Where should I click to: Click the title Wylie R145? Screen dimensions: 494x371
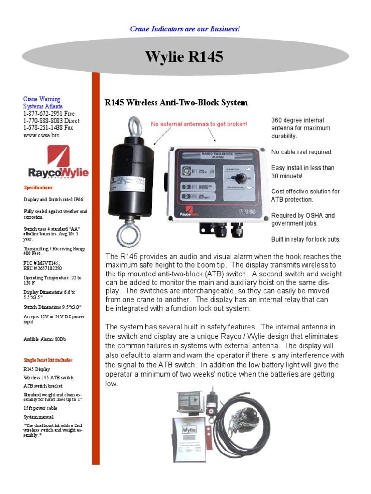185,57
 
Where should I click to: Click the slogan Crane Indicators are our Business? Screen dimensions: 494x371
185,29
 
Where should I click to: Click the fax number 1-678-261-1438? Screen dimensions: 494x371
48,128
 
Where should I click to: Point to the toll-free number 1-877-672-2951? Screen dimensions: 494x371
49,113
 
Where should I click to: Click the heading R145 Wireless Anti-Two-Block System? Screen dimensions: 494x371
176,102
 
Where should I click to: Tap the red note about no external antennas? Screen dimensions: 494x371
199,124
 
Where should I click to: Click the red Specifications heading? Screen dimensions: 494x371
39,187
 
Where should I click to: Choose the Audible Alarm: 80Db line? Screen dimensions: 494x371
45,339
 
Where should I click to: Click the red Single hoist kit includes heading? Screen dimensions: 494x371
49,360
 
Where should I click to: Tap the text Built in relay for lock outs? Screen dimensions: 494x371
306,239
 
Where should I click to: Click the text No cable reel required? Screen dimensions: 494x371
302,152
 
